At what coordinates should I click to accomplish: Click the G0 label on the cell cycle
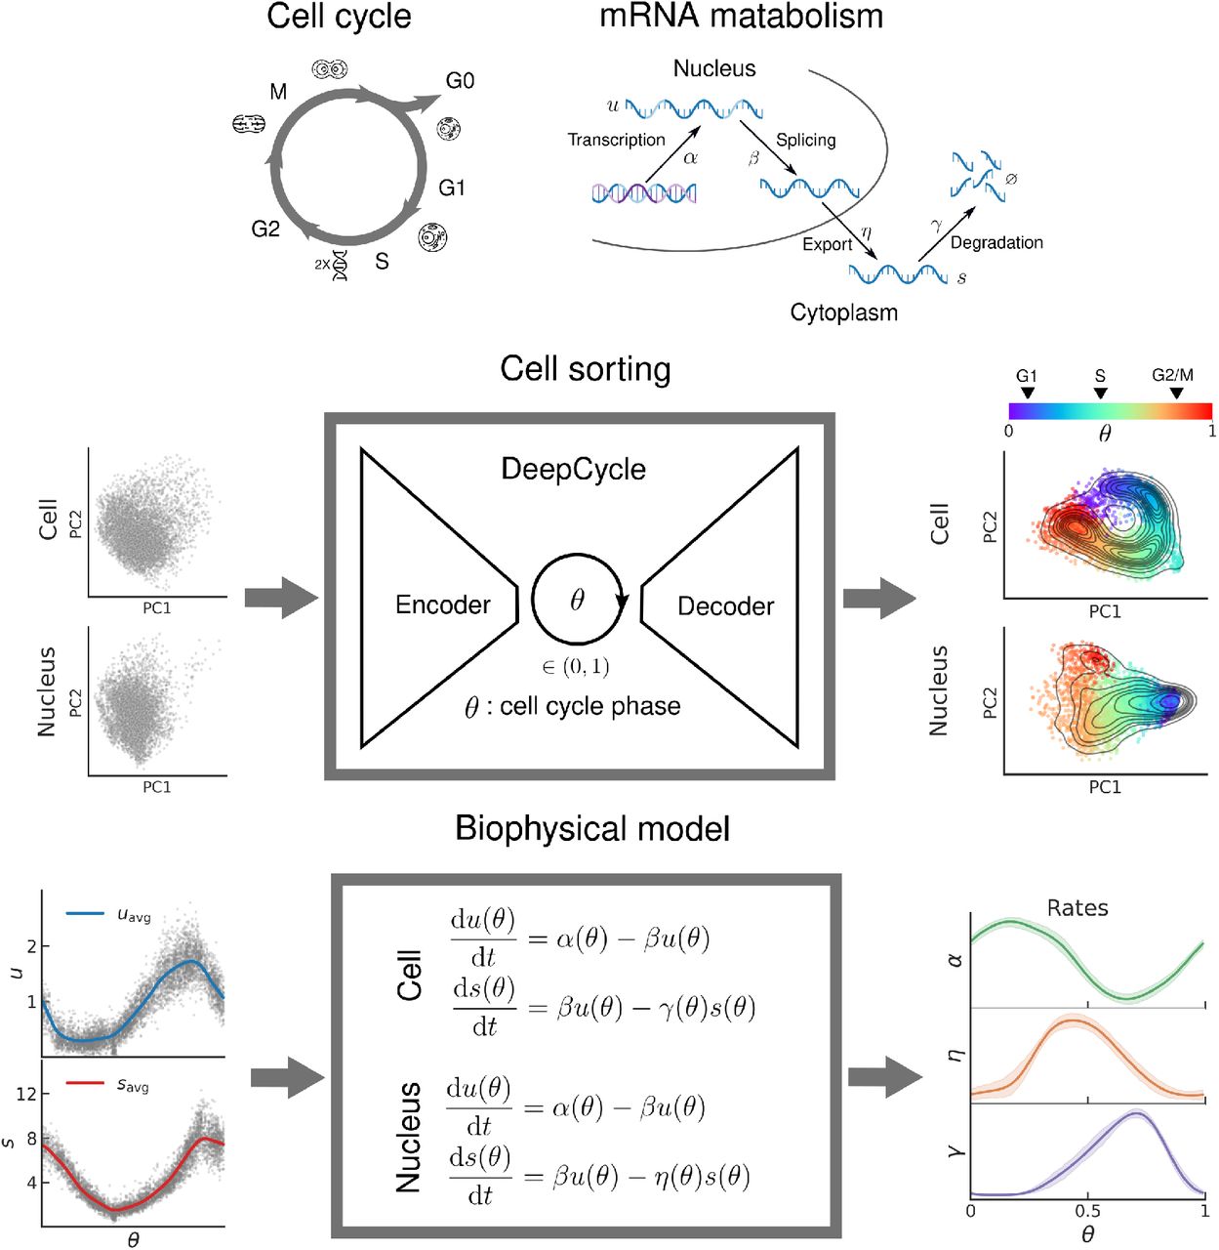460,81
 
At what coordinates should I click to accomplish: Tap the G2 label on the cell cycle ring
265,229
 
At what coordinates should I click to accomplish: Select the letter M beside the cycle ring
278,92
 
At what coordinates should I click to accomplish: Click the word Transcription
616,140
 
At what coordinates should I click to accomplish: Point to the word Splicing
805,140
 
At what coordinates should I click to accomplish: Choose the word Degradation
996,242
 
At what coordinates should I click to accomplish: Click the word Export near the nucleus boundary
827,244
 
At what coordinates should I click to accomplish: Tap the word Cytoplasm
843,312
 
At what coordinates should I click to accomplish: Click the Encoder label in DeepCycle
442,605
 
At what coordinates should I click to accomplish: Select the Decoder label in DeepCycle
725,606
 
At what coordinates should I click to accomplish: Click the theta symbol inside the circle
577,600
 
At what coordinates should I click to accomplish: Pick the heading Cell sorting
585,369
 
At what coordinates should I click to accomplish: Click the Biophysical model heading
592,829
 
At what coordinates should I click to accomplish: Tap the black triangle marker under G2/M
1176,394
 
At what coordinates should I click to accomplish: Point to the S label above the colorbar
1100,376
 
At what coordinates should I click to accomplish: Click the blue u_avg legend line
85,914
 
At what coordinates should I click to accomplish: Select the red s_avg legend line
85,1083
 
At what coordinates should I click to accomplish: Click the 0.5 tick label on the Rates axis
1087,1211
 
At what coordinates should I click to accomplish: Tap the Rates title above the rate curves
1077,908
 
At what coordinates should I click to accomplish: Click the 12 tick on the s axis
26,1094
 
